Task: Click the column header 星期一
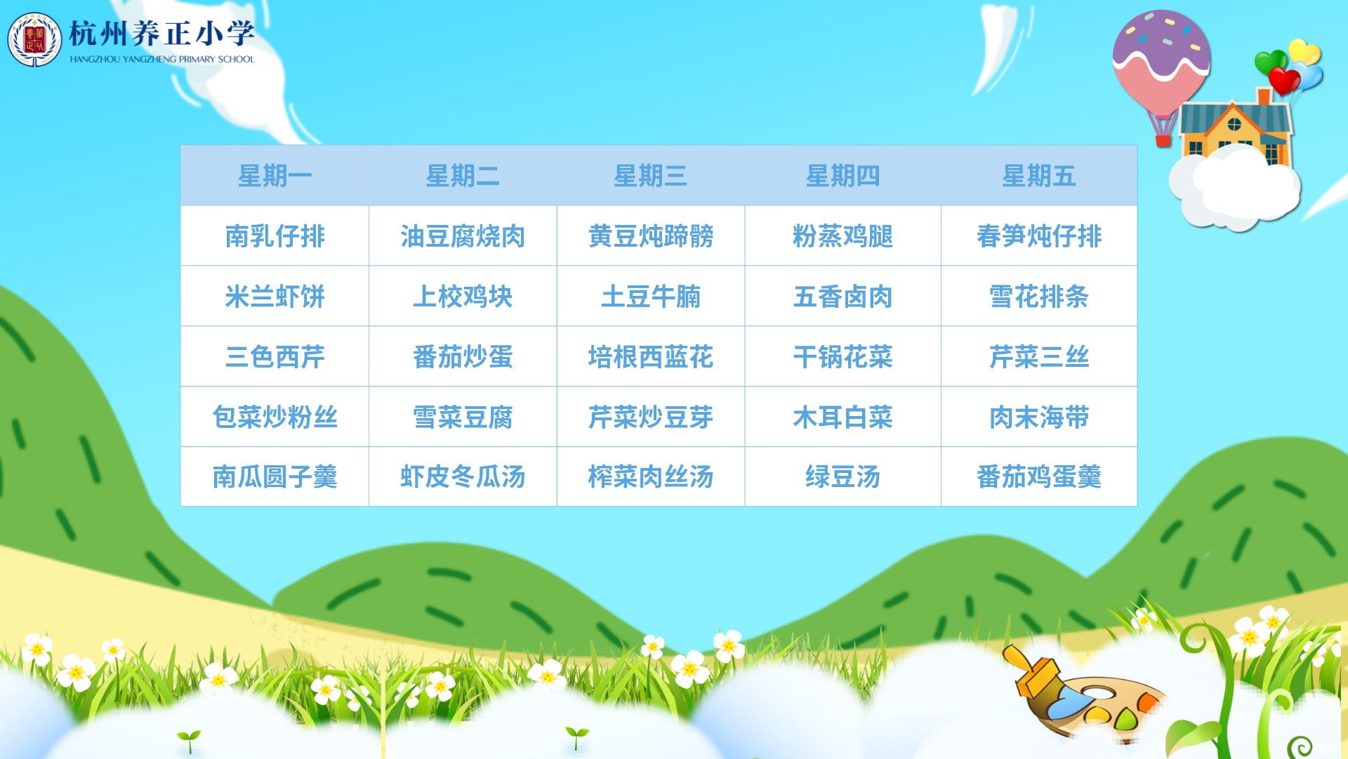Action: click(275, 176)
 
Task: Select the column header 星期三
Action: click(650, 176)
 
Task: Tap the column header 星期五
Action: click(1038, 176)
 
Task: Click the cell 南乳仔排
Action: click(275, 236)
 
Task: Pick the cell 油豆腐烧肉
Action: click(463, 236)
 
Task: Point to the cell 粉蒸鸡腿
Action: click(842, 236)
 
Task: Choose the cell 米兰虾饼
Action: click(275, 297)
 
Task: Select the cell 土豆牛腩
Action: click(650, 297)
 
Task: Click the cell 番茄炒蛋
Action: click(463, 357)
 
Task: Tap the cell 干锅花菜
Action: click(842, 357)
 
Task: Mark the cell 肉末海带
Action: click(1038, 417)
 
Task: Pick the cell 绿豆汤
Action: click(842, 477)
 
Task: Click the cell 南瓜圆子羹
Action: click(275, 477)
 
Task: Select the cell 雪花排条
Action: click(1038, 297)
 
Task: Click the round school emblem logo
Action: click(34, 40)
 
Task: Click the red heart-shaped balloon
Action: click(1284, 81)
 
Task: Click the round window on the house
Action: click(1234, 124)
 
